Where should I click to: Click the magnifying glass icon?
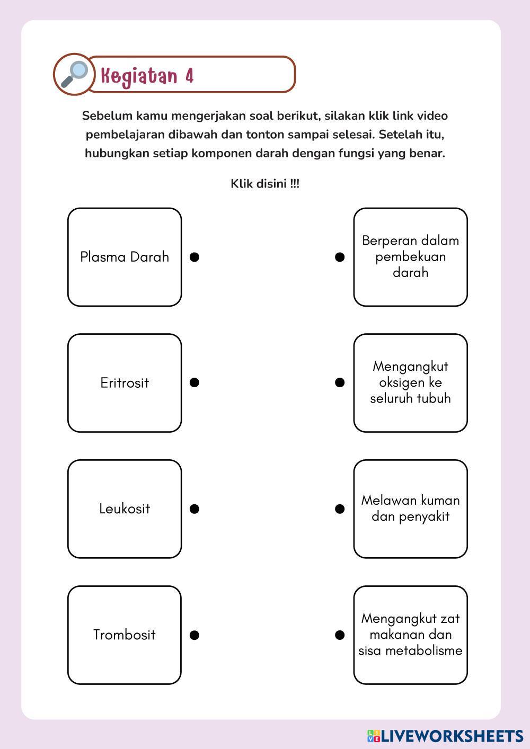(74, 74)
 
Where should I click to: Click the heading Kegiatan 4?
(147, 76)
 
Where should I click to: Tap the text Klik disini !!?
(265, 184)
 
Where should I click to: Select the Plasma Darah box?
(125, 257)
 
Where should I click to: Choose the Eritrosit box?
(125, 383)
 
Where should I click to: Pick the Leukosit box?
(125, 509)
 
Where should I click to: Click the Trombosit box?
(125, 635)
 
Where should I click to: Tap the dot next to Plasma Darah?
(195, 257)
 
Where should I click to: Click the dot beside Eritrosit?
(195, 382)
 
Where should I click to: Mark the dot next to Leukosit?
(195, 509)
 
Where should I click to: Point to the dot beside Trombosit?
(195, 635)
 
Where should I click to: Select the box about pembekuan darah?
(410, 257)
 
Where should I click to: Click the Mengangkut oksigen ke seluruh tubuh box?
(410, 383)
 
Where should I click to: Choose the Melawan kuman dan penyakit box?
(410, 509)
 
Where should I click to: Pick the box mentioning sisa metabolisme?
(410, 635)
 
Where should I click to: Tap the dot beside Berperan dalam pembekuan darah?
(340, 257)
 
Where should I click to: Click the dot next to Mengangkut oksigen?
(340, 382)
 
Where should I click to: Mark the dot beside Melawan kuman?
(340, 509)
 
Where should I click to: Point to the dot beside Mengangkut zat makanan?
(340, 635)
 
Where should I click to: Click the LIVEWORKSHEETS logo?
(445, 736)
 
